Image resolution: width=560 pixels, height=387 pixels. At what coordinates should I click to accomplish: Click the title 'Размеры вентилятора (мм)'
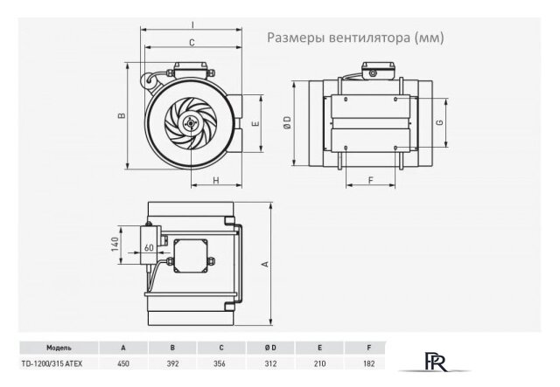(x=354, y=38)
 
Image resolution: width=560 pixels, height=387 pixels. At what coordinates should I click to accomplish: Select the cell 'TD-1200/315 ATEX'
(x=47, y=361)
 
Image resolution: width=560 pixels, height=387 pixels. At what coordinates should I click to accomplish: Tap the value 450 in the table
(x=122, y=361)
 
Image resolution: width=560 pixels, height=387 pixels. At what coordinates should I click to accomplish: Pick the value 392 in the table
(x=172, y=361)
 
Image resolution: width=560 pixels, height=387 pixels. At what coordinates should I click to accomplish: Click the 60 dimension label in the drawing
(x=150, y=247)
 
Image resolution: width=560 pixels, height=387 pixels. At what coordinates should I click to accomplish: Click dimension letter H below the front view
(x=214, y=180)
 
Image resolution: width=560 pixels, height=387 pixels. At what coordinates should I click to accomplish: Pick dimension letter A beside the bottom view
(x=263, y=264)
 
